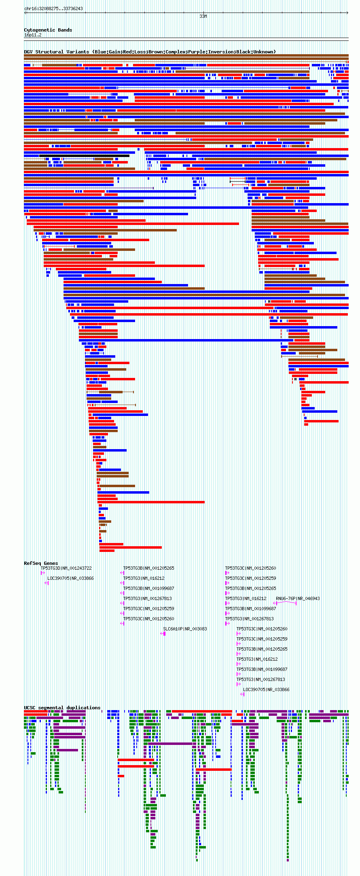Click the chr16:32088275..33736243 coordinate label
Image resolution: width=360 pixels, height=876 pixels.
click(x=53, y=8)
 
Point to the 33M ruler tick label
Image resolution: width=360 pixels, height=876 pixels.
click(x=203, y=16)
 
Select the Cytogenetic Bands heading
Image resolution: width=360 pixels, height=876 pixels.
click(x=48, y=30)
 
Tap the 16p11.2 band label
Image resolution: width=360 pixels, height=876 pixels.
click(x=33, y=35)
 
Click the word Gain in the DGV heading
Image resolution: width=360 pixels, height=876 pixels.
click(x=115, y=52)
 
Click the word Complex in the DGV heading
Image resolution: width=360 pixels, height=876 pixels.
click(x=176, y=52)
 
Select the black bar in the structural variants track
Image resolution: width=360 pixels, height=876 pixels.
click(x=84, y=156)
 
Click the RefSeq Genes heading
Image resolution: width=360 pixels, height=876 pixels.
click(x=41, y=563)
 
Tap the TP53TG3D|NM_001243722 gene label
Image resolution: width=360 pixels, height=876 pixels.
click(x=66, y=568)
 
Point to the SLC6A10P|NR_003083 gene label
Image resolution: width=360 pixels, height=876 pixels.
click(x=185, y=629)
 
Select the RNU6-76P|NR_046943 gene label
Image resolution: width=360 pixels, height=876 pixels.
click(x=298, y=598)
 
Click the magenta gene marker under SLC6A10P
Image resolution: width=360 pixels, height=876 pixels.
click(x=163, y=634)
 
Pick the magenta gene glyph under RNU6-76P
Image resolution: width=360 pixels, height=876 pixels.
click(x=286, y=603)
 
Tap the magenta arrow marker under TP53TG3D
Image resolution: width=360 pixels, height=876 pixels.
click(x=42, y=573)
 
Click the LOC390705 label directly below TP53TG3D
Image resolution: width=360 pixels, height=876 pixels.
click(x=70, y=578)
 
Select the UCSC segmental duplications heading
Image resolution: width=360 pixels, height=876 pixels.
click(x=62, y=708)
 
